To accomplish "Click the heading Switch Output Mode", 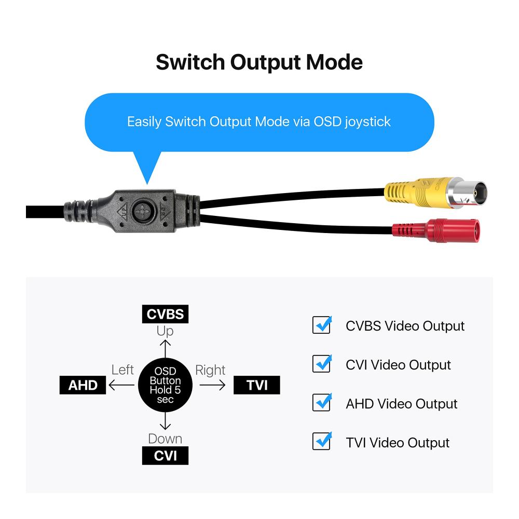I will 259,62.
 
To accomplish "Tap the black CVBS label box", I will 165,314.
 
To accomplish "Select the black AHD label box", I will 83,385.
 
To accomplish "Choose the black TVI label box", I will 257,385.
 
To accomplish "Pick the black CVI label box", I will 165,456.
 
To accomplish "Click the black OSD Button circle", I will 166,385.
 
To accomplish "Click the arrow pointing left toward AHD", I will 121,385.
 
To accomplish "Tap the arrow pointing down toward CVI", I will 165,420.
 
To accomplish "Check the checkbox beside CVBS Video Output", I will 322,325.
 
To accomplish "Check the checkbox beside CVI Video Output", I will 322,364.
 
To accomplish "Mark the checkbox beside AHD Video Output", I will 322,403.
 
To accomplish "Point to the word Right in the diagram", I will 210,370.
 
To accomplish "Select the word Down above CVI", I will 165,439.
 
